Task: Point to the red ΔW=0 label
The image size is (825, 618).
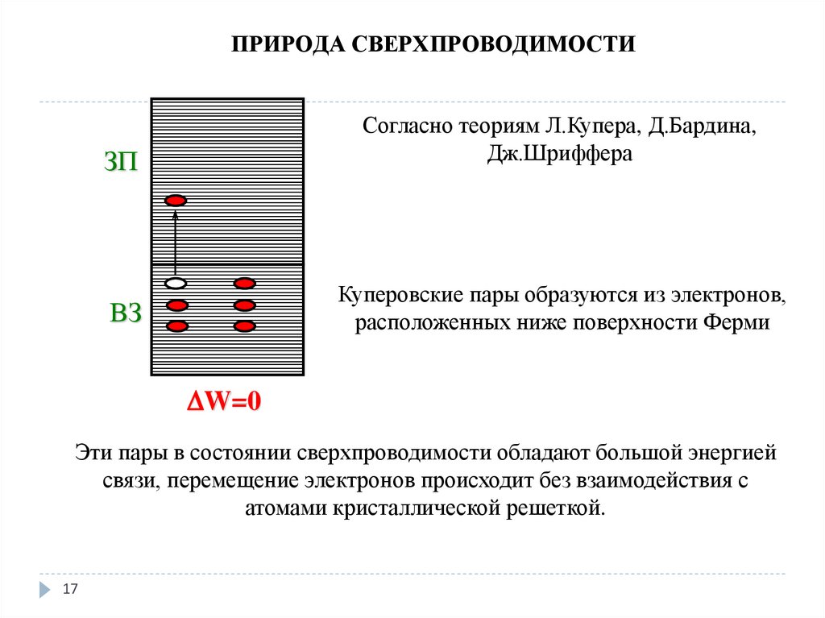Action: pos(225,401)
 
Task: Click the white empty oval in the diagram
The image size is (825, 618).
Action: pos(176,284)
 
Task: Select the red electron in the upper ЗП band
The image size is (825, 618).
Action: pos(176,200)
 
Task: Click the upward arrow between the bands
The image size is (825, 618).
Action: pos(176,242)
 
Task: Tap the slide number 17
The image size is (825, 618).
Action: pos(70,591)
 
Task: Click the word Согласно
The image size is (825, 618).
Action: pos(406,128)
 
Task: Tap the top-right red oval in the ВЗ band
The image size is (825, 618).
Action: pos(244,284)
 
